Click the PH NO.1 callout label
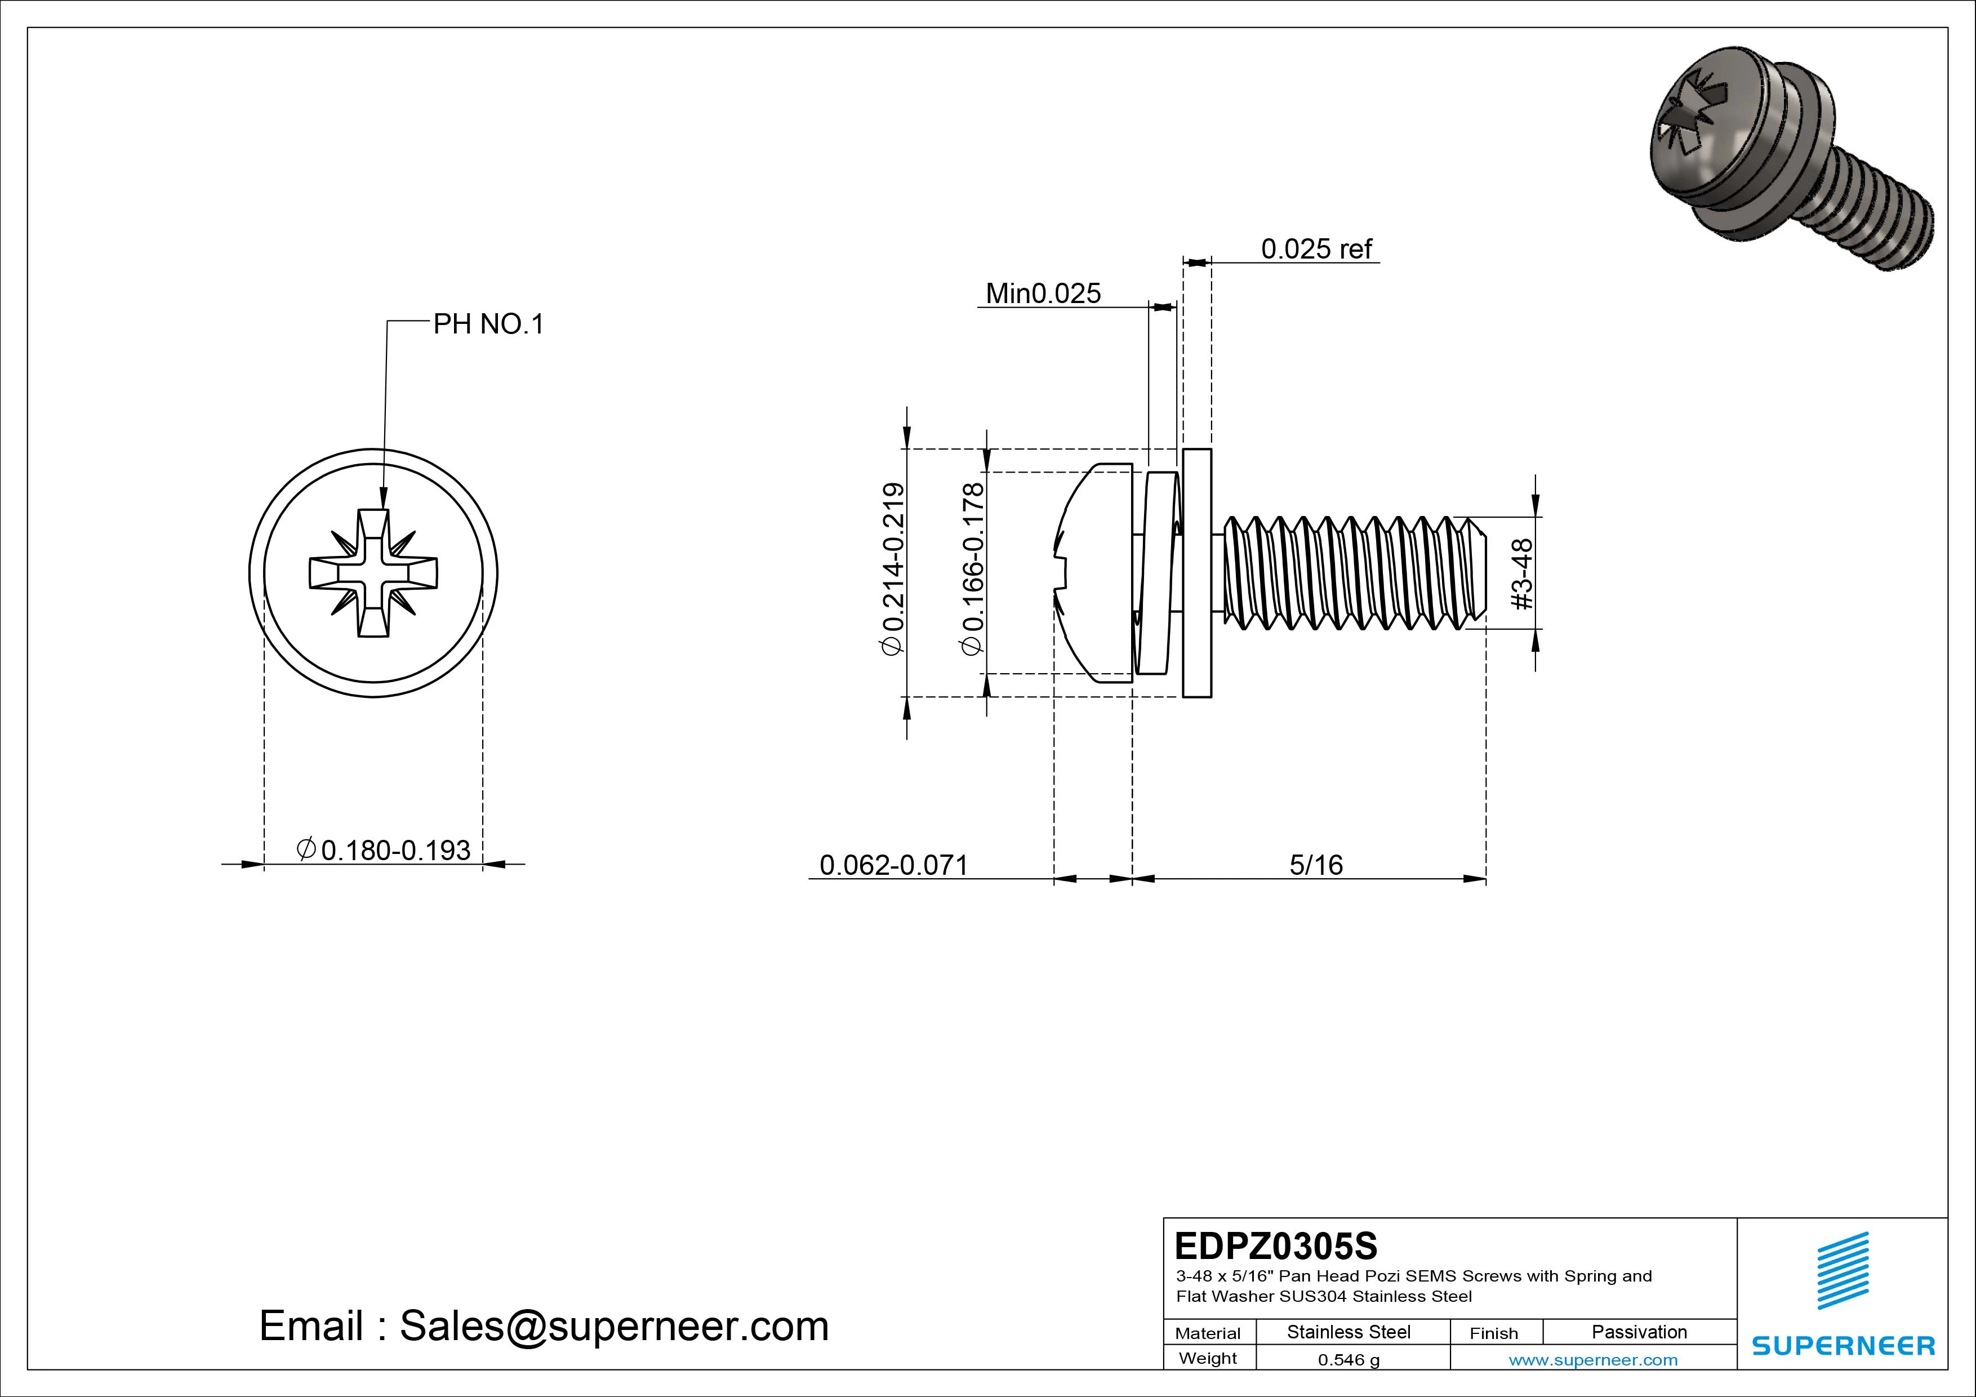488,324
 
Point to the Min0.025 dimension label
1043,293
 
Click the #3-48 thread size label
1521,573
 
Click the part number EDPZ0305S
1275,1245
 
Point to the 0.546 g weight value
1349,1360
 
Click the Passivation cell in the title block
1639,1332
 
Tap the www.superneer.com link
1593,1360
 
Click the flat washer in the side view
1197,573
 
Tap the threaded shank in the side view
1351,573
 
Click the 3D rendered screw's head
1708,137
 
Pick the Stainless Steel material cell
1349,1332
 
